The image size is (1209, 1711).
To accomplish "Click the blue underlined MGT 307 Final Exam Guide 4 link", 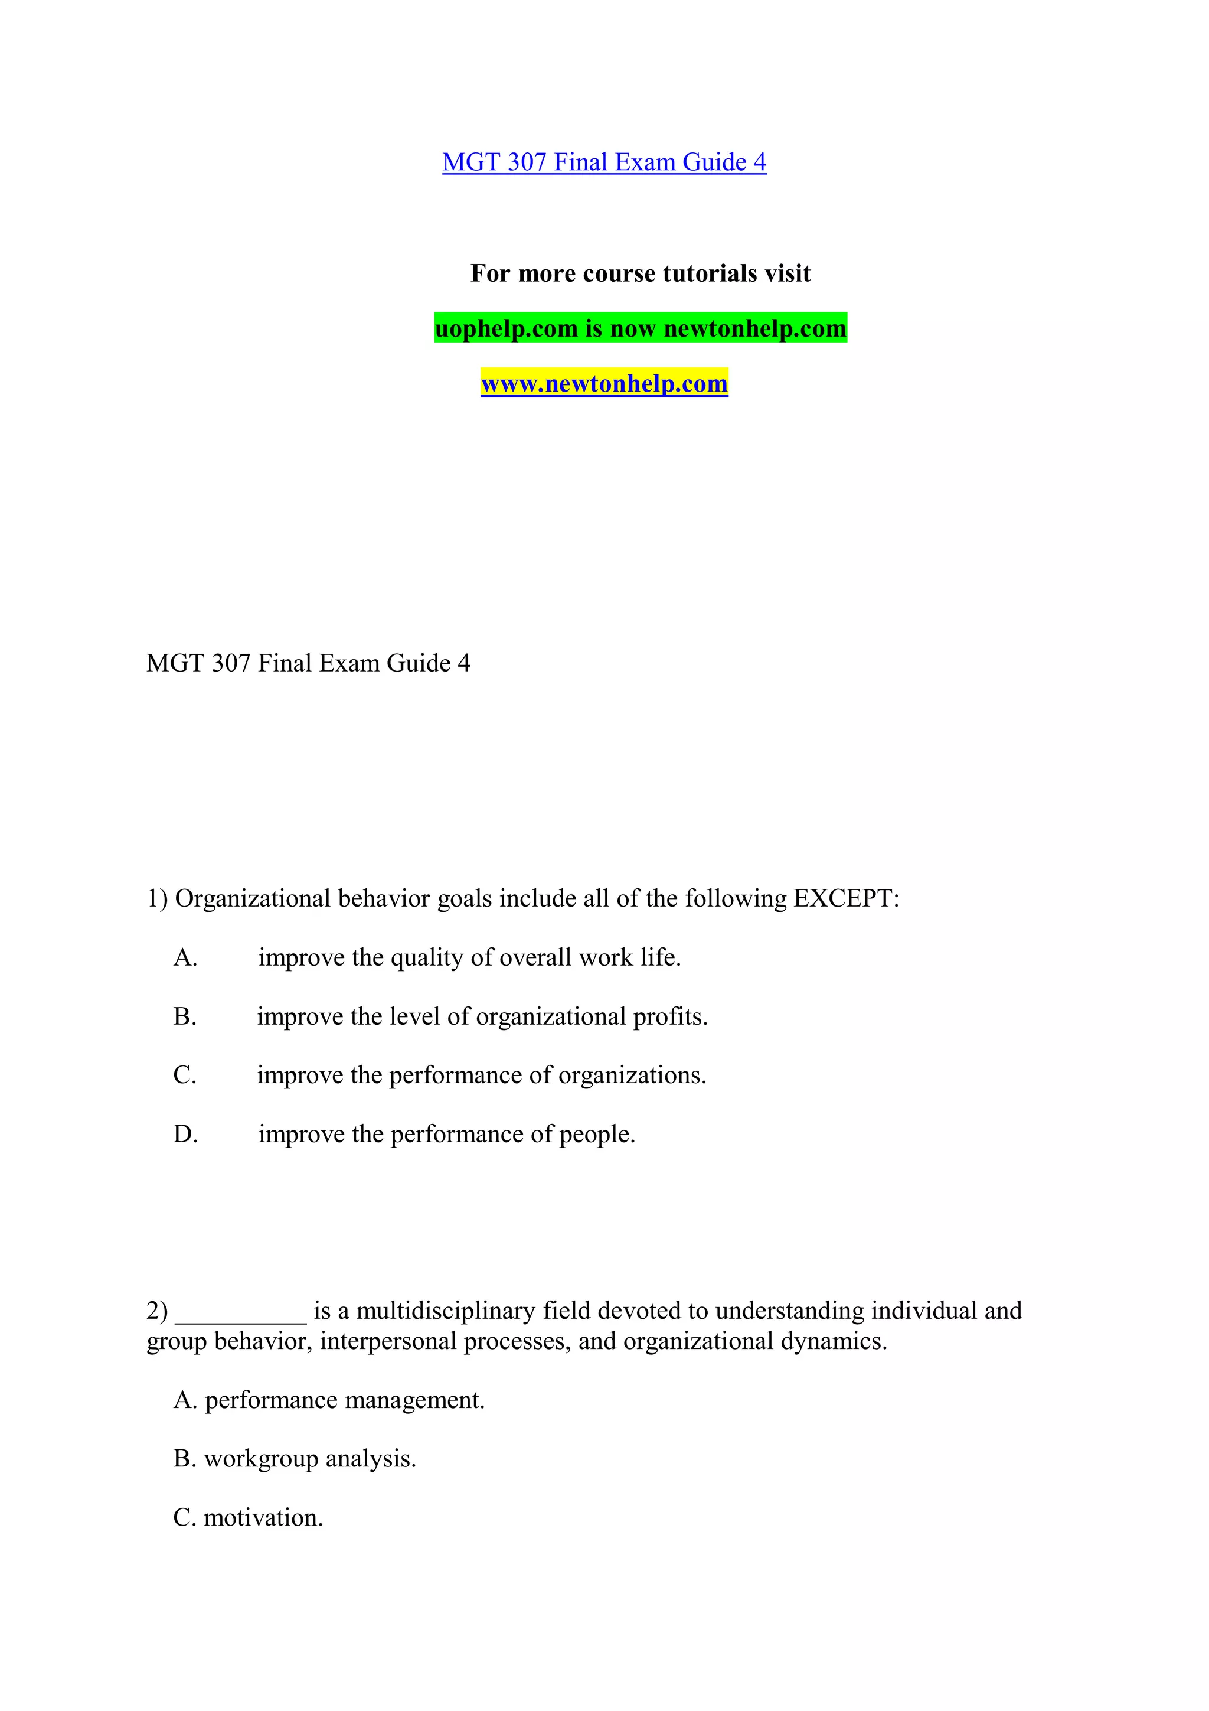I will (x=603, y=162).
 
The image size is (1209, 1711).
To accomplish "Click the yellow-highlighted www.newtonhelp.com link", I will (x=603, y=384).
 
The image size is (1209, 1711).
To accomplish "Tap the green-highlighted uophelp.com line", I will (x=640, y=328).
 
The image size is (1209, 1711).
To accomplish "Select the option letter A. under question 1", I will (x=185, y=957).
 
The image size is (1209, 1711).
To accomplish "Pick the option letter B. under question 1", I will (x=185, y=1016).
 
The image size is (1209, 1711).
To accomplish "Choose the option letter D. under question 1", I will (x=185, y=1134).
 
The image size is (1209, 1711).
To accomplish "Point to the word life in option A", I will (x=660, y=957).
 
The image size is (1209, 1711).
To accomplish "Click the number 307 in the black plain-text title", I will (x=230, y=663).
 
